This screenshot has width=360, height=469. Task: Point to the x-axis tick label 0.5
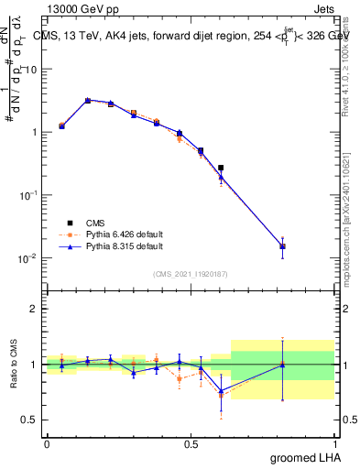pos(191,444)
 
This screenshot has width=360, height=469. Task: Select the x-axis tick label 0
pos(47,444)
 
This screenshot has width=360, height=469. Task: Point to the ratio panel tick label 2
pos(35,309)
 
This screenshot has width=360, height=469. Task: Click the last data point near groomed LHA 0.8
pos(282,246)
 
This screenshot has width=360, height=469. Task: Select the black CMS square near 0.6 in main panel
pos(220,168)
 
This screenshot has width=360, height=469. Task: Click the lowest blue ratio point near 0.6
pos(220,391)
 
